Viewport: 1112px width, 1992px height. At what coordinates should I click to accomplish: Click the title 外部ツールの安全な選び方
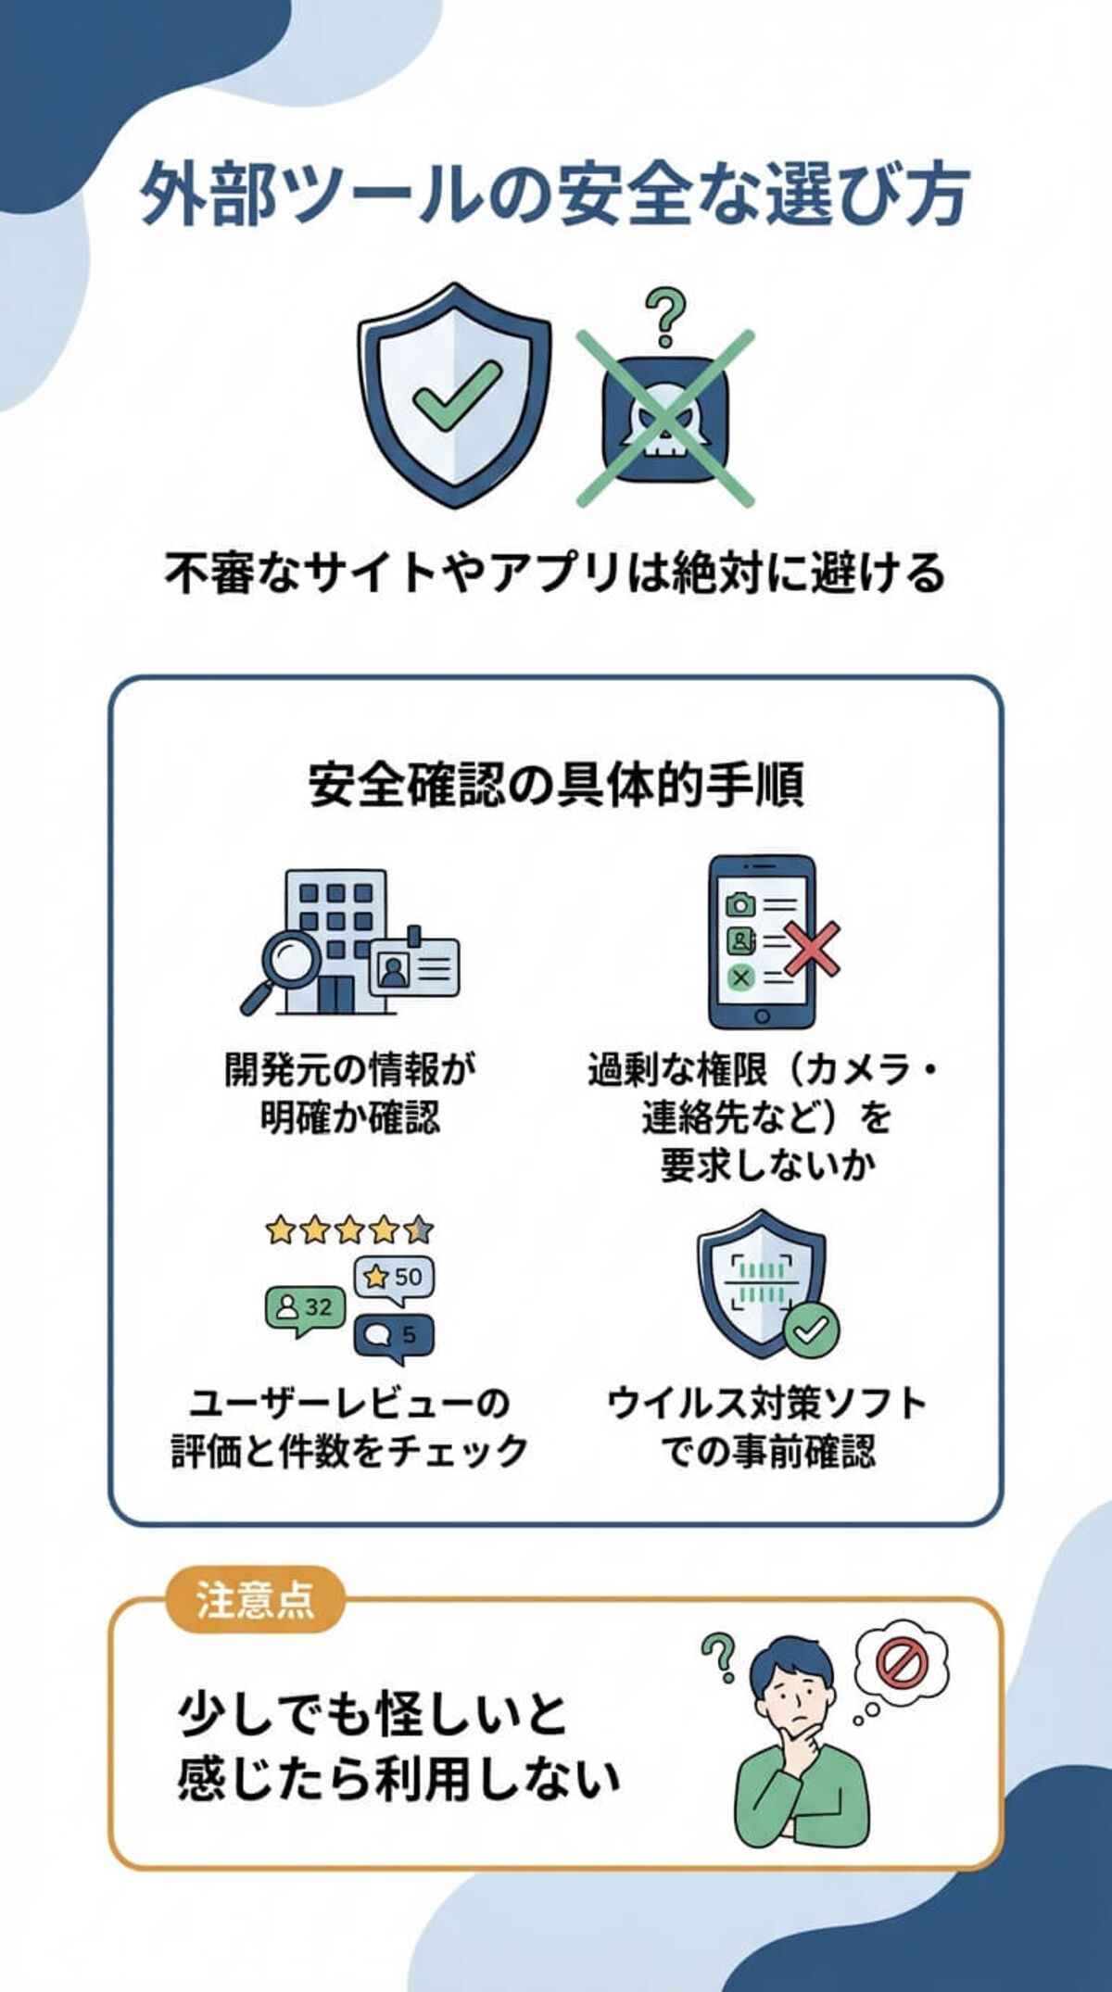pyautogui.click(x=554, y=195)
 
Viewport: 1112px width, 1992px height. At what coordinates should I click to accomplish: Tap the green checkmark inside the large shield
pyautogui.click(x=456, y=394)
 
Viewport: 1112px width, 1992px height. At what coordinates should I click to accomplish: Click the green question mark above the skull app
pyautogui.click(x=665, y=317)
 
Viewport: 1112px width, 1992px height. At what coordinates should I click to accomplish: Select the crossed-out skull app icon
pyautogui.click(x=665, y=419)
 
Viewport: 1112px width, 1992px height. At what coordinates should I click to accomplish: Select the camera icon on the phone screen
pyautogui.click(x=739, y=903)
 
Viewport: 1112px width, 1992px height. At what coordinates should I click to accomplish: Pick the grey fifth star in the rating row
pyautogui.click(x=418, y=1229)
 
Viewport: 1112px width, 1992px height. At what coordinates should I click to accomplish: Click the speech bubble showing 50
pyautogui.click(x=395, y=1279)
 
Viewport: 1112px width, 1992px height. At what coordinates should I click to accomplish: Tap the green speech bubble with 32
pyautogui.click(x=305, y=1308)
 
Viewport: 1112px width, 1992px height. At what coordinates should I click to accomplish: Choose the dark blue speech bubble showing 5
pyautogui.click(x=394, y=1336)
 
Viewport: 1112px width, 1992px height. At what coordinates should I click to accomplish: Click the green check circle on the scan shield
pyautogui.click(x=811, y=1330)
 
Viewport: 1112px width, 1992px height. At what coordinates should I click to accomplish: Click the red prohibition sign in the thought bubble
pyautogui.click(x=901, y=1663)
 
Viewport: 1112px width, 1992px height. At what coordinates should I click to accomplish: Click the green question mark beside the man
pyautogui.click(x=718, y=1657)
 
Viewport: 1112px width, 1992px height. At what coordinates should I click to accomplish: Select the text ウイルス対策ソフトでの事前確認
pyautogui.click(x=767, y=1427)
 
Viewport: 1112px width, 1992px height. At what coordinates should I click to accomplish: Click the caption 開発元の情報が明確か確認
pyautogui.click(x=350, y=1093)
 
